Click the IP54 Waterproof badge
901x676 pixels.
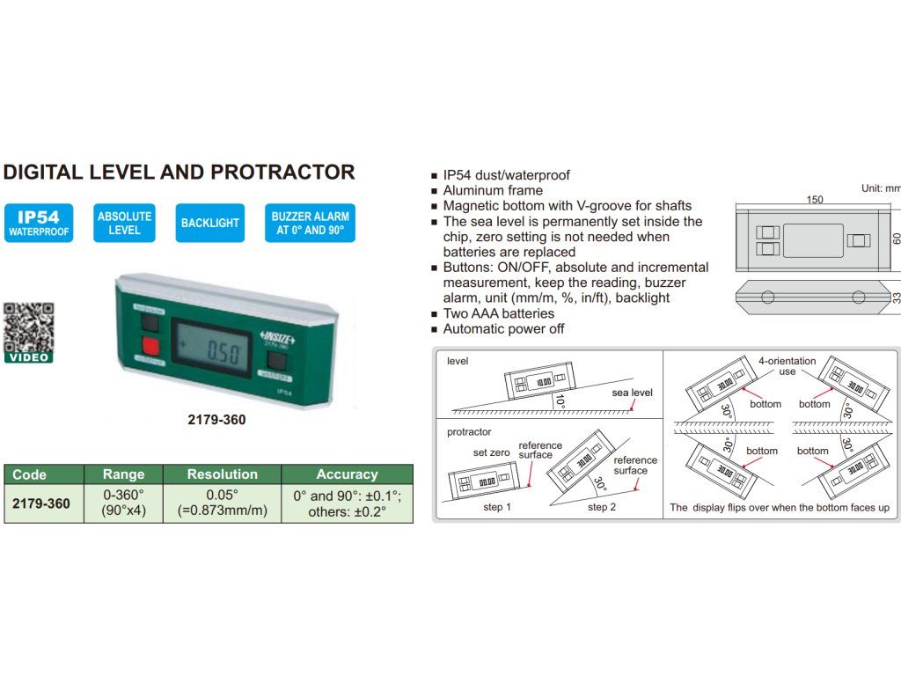tap(38, 224)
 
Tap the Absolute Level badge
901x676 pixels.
tap(124, 224)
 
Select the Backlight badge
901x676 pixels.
tap(209, 224)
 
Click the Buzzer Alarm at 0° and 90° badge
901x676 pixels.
tap(310, 224)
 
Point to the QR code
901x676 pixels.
tap(28, 327)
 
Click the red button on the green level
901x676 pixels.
tap(150, 345)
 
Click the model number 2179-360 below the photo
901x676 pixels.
tap(216, 420)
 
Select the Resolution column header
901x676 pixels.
tap(223, 474)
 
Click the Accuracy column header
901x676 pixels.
tap(347, 474)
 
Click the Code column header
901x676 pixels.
tap(30, 474)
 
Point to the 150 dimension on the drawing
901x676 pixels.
tap(815, 200)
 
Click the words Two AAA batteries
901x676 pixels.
tap(498, 313)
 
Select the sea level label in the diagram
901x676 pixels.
tap(632, 393)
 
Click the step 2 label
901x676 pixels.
tap(602, 508)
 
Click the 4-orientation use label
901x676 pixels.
tap(787, 366)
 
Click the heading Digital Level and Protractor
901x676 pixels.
tap(179, 172)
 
